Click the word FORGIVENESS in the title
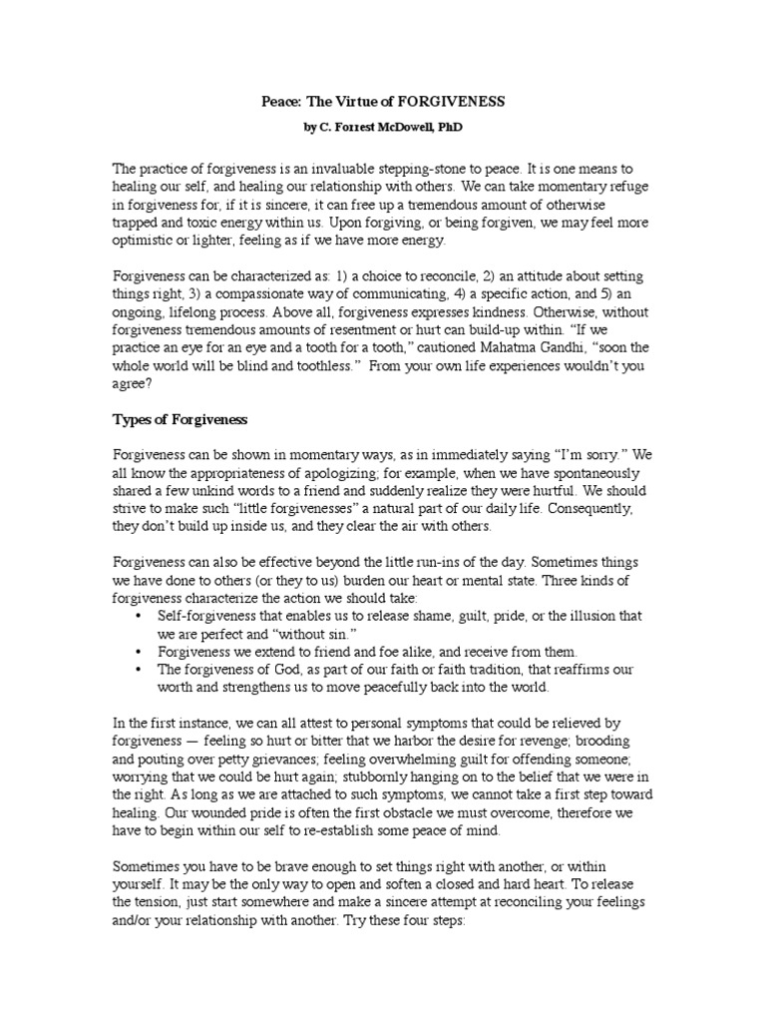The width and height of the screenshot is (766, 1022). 448,102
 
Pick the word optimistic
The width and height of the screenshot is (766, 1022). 146,241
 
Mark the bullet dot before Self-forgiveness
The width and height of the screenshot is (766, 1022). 136,616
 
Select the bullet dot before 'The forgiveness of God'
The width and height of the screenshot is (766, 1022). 136,670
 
